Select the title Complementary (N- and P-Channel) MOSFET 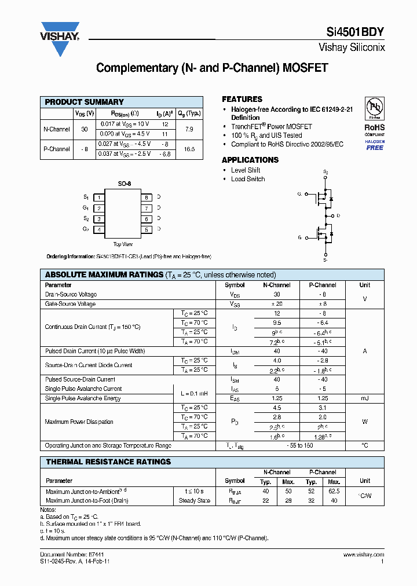(212, 68)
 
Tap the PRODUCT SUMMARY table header (85, 102)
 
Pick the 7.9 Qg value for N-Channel (189, 129)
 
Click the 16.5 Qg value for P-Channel (189, 149)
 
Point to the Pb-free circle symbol (375, 108)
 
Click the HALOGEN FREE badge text (375, 145)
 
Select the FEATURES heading (242, 99)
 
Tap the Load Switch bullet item (248, 179)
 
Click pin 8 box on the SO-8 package (147, 197)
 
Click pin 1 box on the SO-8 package (99, 197)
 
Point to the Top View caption (123, 244)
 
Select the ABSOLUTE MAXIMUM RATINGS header (104, 274)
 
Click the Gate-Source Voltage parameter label (70, 303)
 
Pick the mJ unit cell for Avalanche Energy (364, 398)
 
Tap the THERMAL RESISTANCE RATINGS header (108, 462)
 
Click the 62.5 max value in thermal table (334, 491)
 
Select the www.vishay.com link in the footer (363, 554)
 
